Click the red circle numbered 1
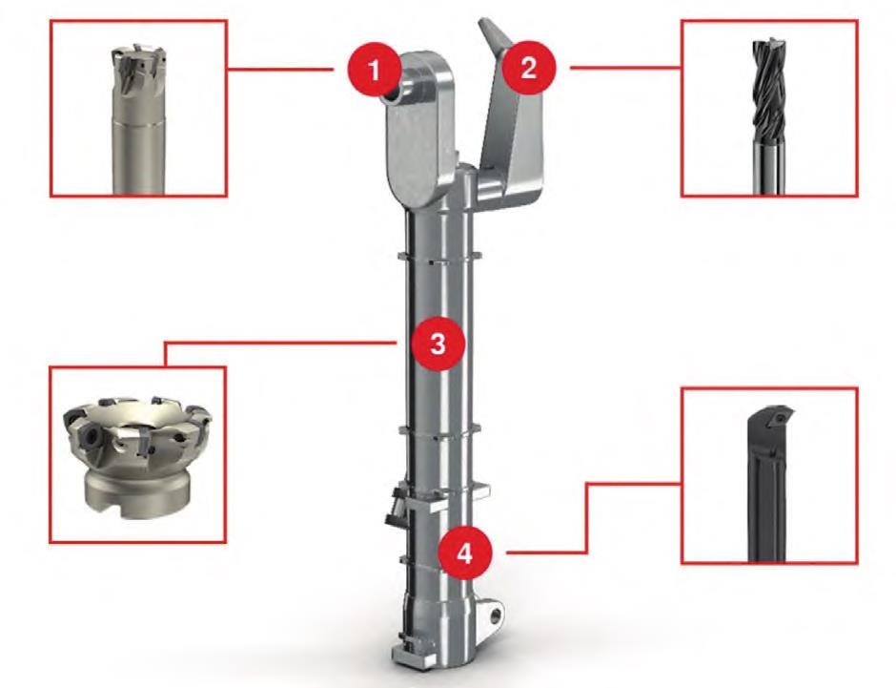tap(374, 70)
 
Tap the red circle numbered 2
tap(529, 68)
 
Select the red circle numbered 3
tap(438, 344)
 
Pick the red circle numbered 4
tap(464, 553)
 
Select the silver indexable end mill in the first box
tap(139, 119)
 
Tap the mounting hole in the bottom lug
tap(495, 615)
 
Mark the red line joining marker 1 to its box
tap(280, 70)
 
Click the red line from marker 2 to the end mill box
tap(625, 68)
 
